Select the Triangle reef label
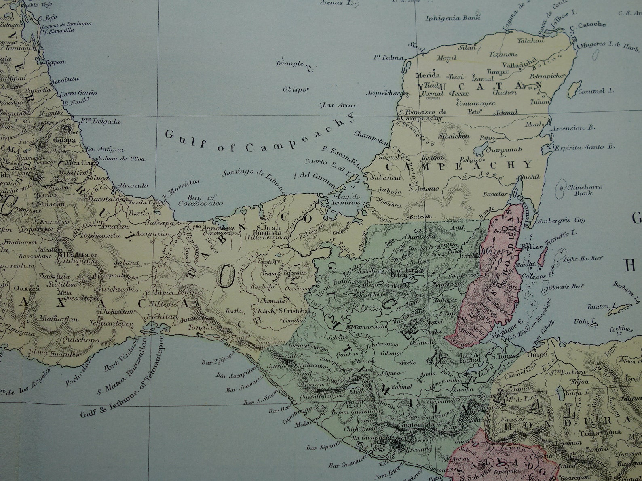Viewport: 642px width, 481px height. [289, 63]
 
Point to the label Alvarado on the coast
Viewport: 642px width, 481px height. [133, 186]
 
